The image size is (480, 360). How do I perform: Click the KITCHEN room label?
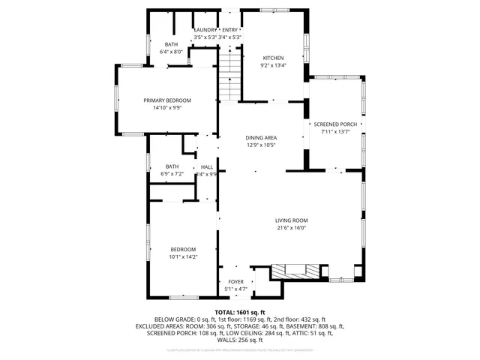tap(274, 58)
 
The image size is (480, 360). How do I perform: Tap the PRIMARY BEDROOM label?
tap(167, 100)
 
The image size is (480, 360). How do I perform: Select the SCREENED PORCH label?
tap(335, 124)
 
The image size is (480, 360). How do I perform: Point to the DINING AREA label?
tap(261, 138)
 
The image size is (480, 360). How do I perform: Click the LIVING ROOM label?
tap(292, 220)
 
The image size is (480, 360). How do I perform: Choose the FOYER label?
tap(236, 282)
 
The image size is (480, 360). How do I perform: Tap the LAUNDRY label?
tap(205, 30)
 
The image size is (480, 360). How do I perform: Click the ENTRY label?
tap(229, 30)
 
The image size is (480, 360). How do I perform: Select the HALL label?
tap(207, 166)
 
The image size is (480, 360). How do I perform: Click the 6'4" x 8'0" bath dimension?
tap(172, 52)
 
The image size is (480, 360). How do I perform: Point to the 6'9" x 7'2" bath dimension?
tap(172, 174)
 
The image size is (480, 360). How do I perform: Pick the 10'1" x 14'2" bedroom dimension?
tap(182, 256)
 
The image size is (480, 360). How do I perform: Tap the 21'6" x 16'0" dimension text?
tap(292, 228)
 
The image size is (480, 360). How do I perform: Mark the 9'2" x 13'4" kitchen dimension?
tap(274, 65)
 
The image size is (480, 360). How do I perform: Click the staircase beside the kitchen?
tap(229, 75)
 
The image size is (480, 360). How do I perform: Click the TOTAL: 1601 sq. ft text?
tap(240, 311)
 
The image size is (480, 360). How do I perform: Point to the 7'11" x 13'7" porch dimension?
tap(335, 132)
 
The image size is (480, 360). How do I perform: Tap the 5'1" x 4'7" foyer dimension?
tap(236, 289)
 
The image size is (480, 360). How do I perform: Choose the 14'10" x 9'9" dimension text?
tap(167, 107)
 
